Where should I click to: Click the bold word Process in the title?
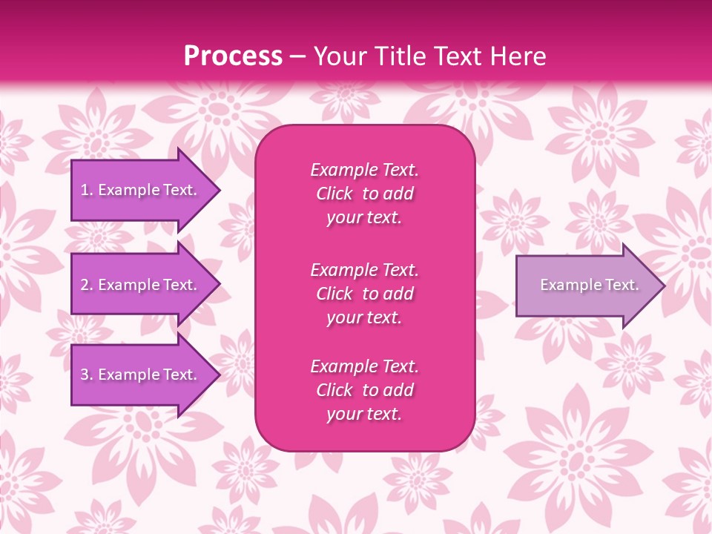(x=233, y=56)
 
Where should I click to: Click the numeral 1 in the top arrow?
(x=85, y=190)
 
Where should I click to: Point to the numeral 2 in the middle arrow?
(x=85, y=285)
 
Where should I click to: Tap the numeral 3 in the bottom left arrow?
(x=85, y=375)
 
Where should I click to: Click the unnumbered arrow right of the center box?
(x=586, y=286)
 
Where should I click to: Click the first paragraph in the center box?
(x=364, y=194)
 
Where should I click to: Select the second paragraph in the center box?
(x=364, y=294)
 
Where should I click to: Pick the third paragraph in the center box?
(x=364, y=390)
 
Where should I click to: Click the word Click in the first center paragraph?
(x=334, y=194)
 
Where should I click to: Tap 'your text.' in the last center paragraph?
(x=364, y=415)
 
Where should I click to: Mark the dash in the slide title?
(x=298, y=56)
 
